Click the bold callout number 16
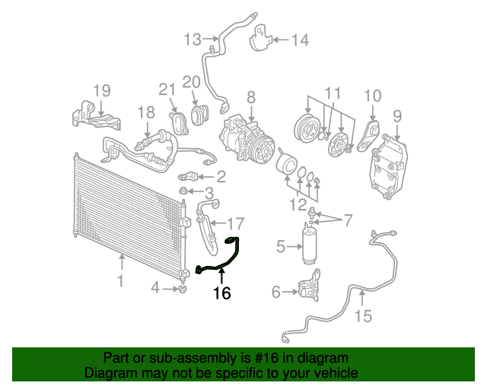click(221, 293)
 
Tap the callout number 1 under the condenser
click(120, 283)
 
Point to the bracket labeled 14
click(261, 39)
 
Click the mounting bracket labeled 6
click(306, 292)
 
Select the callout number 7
click(348, 221)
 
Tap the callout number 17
click(236, 224)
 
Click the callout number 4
click(155, 288)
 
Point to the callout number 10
click(372, 96)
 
